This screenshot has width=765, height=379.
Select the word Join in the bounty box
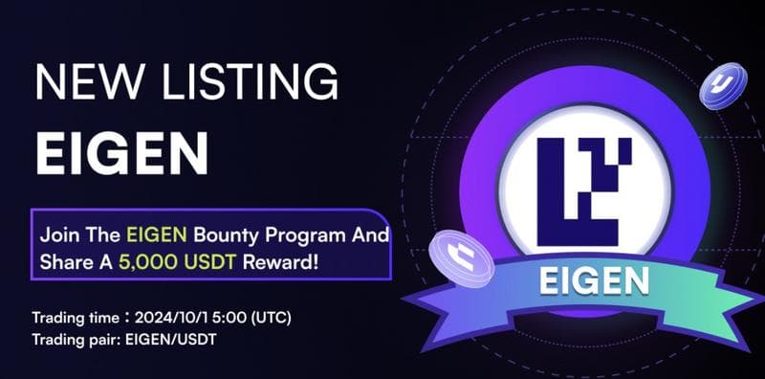tap(57, 234)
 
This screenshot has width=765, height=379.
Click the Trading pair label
tap(73, 339)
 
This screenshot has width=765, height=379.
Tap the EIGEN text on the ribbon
tap(595, 279)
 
